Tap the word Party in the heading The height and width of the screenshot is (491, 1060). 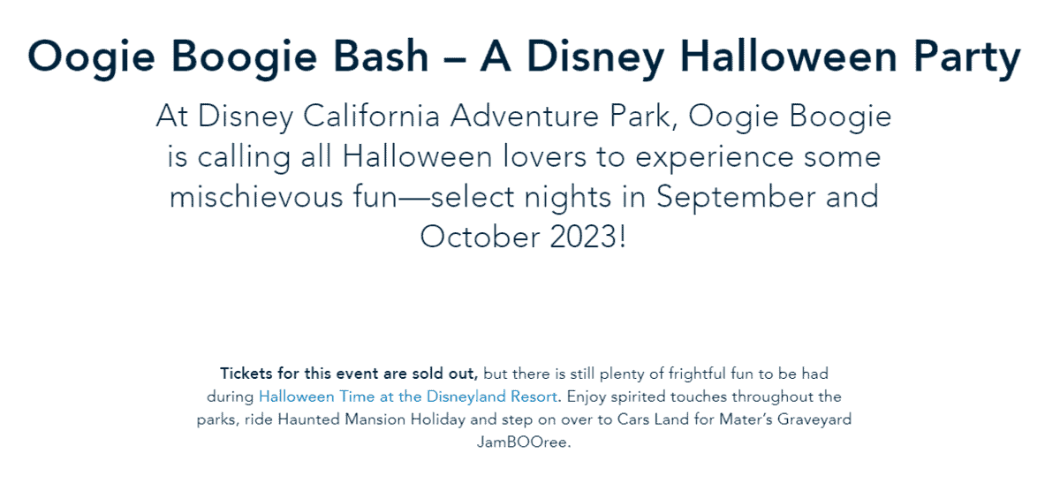click(x=966, y=59)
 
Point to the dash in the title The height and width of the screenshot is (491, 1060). click(x=454, y=60)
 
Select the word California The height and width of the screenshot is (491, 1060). click(x=372, y=116)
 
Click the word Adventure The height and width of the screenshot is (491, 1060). click(x=525, y=116)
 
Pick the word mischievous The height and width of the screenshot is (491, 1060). click(x=256, y=196)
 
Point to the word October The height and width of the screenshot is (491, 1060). click(x=480, y=237)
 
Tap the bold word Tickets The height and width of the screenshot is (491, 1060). click(x=246, y=374)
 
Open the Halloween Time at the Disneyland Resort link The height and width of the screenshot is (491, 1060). click(x=408, y=397)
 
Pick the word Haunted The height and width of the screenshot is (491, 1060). click(x=308, y=419)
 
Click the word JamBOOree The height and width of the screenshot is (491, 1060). click(x=524, y=442)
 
